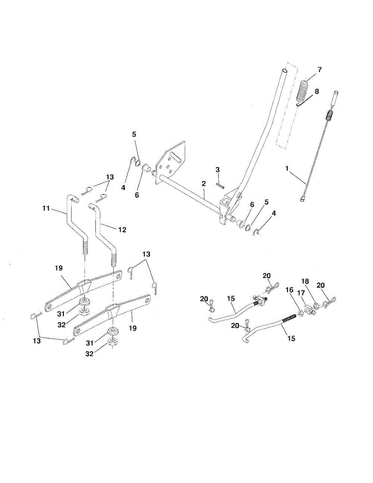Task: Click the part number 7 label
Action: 319,69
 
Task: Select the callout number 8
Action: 317,91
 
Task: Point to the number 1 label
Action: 287,169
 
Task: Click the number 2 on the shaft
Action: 204,184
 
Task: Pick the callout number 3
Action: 217,169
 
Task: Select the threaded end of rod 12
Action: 114,260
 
